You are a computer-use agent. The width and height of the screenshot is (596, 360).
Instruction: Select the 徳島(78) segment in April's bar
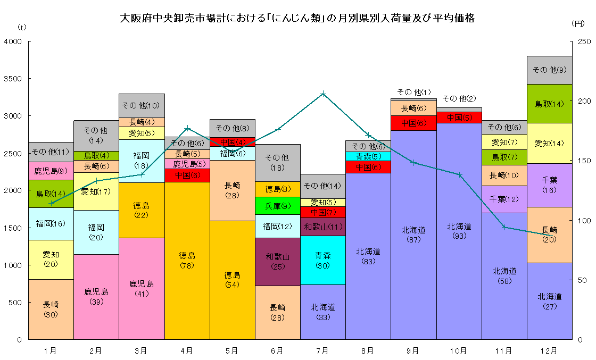click(x=187, y=260)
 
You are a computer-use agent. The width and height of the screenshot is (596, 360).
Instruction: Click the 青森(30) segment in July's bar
click(x=322, y=260)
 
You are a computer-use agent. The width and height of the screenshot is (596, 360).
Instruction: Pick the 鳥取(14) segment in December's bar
click(x=549, y=104)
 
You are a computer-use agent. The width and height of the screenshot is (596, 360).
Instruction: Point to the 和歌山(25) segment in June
click(x=277, y=261)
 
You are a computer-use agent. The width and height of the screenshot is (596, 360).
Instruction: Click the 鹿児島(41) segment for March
click(x=142, y=288)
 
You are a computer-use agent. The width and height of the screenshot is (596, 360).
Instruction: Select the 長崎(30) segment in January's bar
click(x=51, y=309)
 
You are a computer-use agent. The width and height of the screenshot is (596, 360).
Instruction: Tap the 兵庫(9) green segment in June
click(x=277, y=206)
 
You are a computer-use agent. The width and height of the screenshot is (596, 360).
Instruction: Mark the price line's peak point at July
click(x=322, y=94)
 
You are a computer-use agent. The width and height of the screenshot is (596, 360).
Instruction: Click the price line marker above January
click(x=51, y=203)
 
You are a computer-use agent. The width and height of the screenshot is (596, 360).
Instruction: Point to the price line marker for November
click(x=504, y=227)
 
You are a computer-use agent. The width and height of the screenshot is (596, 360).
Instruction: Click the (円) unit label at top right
click(x=578, y=24)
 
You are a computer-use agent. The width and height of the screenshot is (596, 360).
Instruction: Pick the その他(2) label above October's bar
click(x=459, y=98)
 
